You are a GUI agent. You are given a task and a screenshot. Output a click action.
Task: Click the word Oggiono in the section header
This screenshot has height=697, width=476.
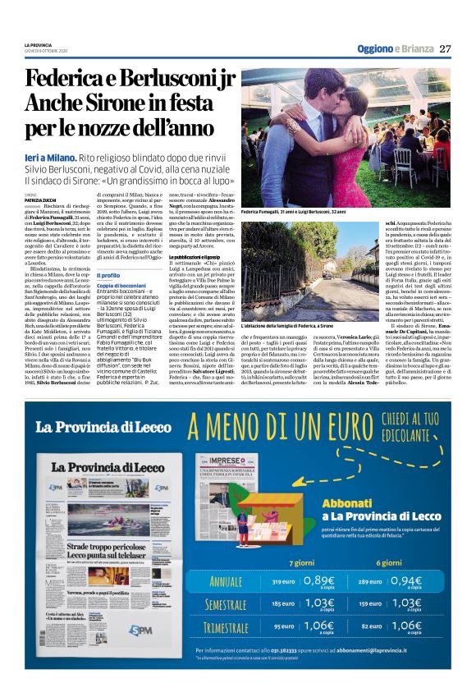point(373,48)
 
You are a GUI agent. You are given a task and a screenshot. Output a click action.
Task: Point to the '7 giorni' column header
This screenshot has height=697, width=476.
point(301,562)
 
